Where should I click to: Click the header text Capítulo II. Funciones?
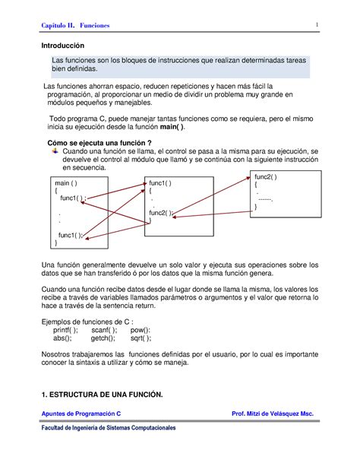[75, 26]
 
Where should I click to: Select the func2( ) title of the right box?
[266, 176]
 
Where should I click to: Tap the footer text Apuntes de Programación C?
[83, 414]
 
